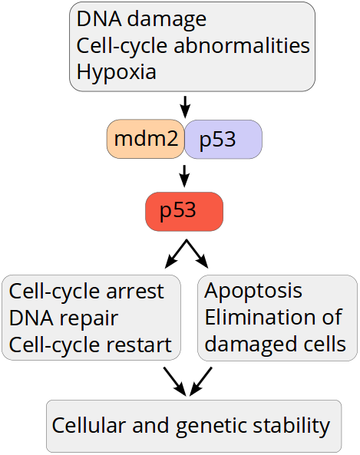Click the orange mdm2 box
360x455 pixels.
[x=145, y=139]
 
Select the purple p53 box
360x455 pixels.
[x=223, y=140]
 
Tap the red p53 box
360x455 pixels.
[x=184, y=212]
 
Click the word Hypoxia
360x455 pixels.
[x=117, y=72]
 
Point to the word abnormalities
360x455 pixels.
[x=242, y=45]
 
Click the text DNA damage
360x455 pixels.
[x=141, y=19]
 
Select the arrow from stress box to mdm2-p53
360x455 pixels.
[x=185, y=107]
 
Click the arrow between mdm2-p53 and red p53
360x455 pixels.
[x=184, y=176]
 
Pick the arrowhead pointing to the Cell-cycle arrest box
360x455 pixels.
[x=170, y=262]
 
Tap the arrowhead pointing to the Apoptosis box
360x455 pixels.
[x=203, y=262]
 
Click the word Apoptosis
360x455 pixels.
[x=253, y=291]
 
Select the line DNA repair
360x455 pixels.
[x=64, y=318]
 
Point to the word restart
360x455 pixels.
[x=140, y=345]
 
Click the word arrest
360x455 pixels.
[x=135, y=291]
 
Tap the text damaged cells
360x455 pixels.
[x=276, y=345]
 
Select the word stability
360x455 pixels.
[x=291, y=426]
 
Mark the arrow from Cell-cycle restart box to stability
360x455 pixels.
[x=175, y=381]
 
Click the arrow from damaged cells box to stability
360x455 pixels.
[x=200, y=381]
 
